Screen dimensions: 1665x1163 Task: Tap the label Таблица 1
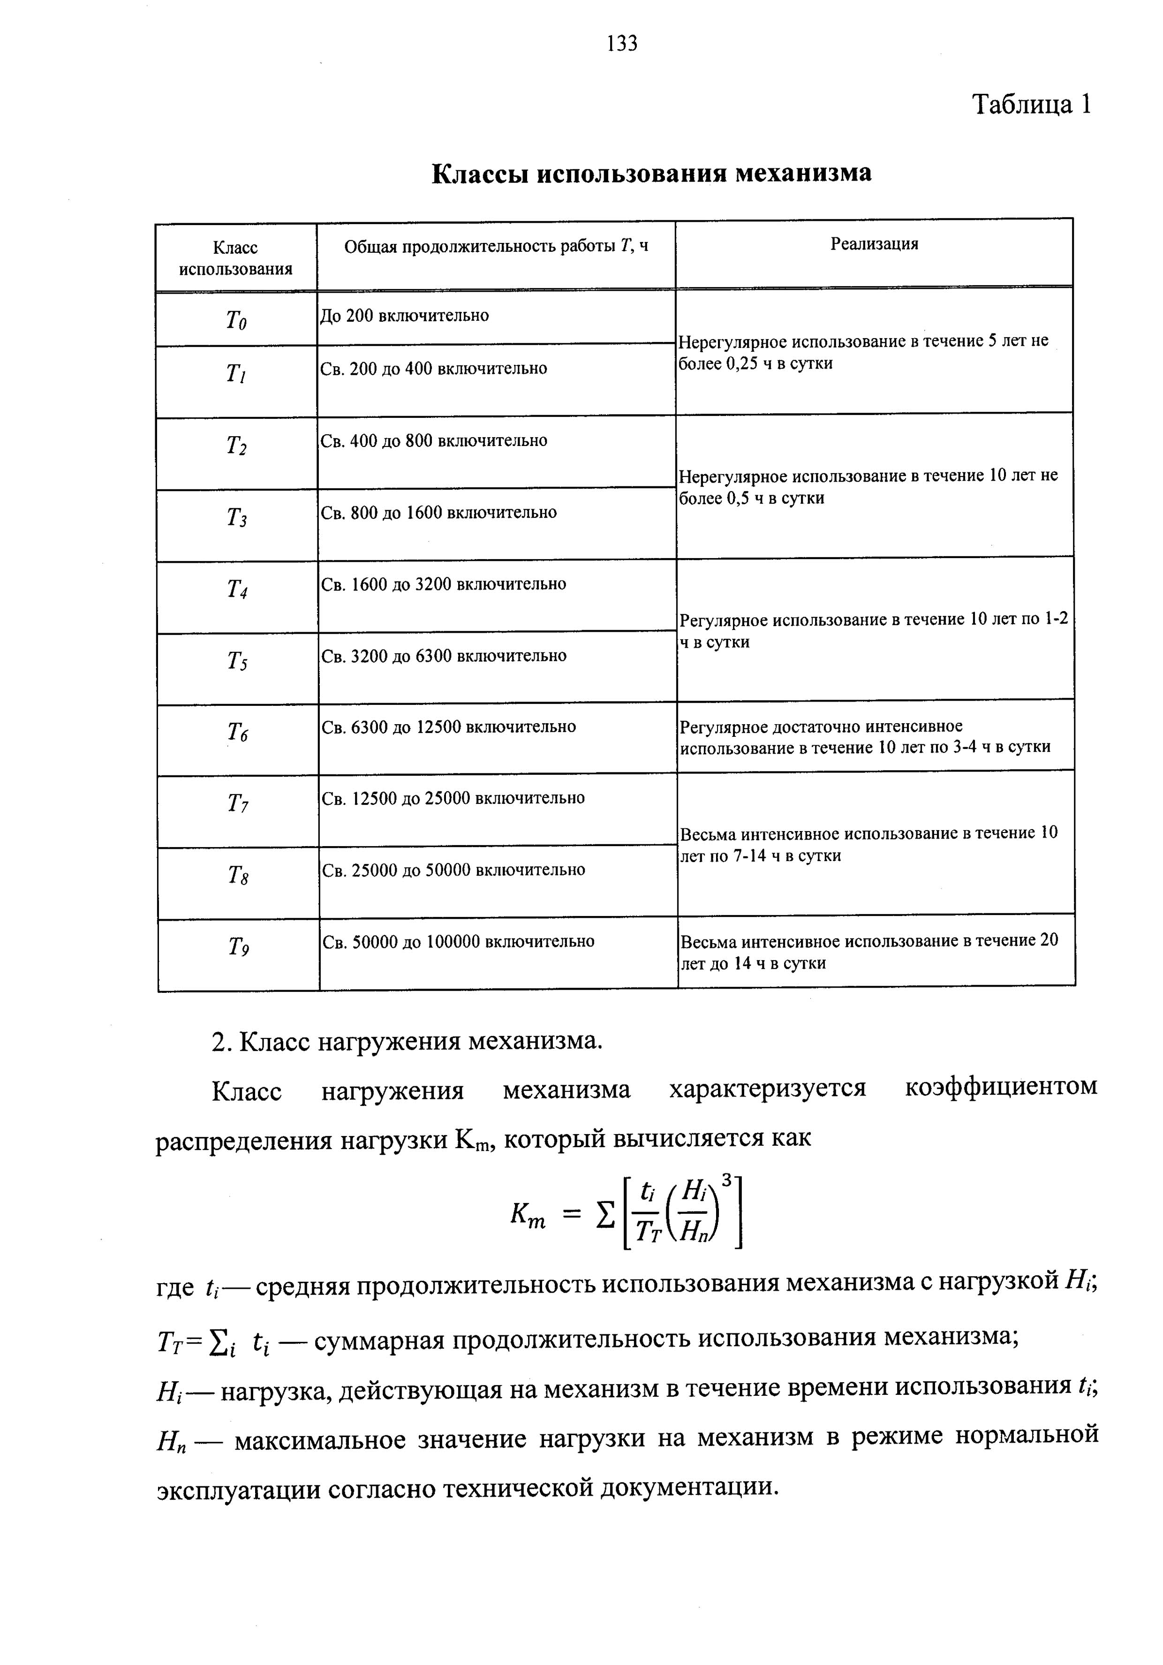(x=1030, y=105)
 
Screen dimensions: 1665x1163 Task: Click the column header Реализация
(x=874, y=244)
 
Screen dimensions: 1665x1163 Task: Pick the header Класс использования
(x=235, y=258)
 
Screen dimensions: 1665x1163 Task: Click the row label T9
(x=239, y=947)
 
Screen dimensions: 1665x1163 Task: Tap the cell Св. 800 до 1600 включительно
(x=438, y=513)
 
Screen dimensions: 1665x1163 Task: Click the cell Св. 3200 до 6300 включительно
(x=444, y=656)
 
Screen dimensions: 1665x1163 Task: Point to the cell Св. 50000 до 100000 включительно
(x=458, y=942)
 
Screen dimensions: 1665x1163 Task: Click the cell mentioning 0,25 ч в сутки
(x=863, y=352)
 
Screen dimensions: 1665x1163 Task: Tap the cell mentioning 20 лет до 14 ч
(x=868, y=952)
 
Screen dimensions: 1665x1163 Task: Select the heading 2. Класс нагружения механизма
(x=407, y=1042)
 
